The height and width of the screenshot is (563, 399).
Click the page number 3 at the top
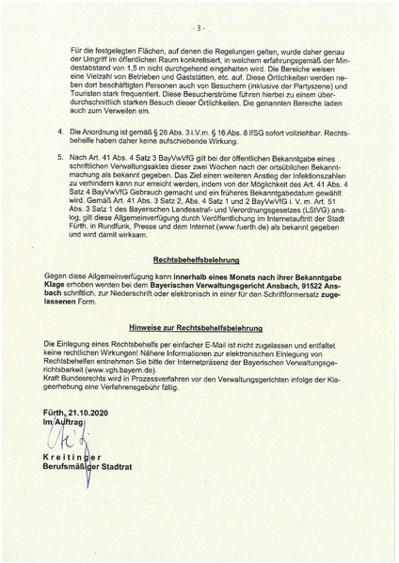click(x=200, y=16)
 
